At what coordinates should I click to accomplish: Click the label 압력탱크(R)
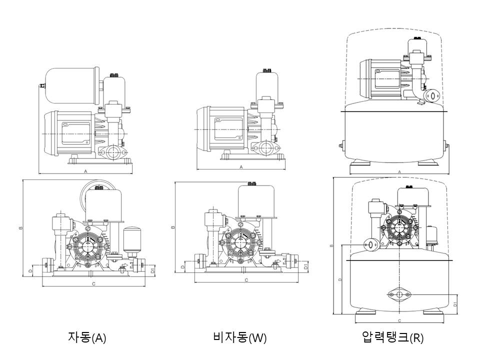click(392, 337)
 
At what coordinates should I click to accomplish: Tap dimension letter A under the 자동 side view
click(86, 171)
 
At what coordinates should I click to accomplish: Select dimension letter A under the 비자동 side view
click(241, 167)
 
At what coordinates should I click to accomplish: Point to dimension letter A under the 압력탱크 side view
click(399, 171)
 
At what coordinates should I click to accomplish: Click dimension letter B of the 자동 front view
click(20, 227)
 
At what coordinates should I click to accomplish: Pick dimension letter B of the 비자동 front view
click(173, 227)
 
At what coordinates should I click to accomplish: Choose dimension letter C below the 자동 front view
click(93, 283)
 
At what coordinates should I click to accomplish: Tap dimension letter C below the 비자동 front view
click(246, 280)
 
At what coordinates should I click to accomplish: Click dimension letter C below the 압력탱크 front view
click(399, 319)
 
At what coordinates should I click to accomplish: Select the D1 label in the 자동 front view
click(152, 271)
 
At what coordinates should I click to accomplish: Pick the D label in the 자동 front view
click(30, 270)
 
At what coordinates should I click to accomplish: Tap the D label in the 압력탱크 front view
click(340, 279)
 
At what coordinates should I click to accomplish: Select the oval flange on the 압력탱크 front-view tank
click(399, 295)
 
